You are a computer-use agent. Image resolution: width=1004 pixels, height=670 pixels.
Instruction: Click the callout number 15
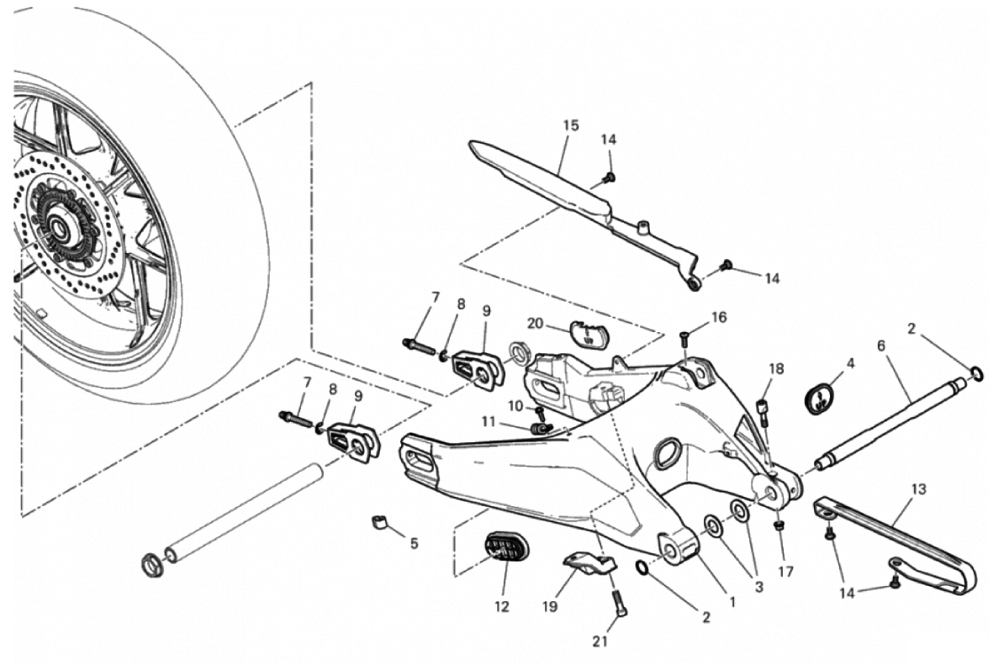coord(571,125)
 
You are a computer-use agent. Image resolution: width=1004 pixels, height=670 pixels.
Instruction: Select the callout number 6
coord(881,346)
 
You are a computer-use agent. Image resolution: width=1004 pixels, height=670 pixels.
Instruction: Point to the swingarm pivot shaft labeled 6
coord(891,420)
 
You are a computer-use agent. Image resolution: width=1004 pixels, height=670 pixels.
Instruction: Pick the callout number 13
coord(917,488)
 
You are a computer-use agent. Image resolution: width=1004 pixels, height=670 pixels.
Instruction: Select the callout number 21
coord(599,642)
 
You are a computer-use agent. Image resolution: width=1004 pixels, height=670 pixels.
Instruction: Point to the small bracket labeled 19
coord(589,566)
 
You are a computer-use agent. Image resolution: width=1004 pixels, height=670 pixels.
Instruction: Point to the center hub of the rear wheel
coord(61,228)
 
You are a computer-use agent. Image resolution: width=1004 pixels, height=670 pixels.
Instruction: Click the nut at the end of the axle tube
coord(152,563)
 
